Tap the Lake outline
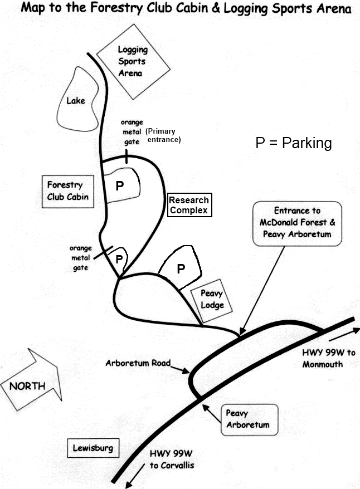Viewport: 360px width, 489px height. [x=76, y=101]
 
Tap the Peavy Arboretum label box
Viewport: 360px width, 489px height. [x=247, y=419]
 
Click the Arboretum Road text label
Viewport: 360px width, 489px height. [x=138, y=363]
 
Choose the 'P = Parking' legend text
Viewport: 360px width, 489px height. [x=294, y=143]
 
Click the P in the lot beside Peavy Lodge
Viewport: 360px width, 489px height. [x=181, y=269]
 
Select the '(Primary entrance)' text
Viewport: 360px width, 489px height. [x=163, y=136]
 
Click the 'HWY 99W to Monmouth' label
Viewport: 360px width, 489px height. [x=329, y=359]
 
